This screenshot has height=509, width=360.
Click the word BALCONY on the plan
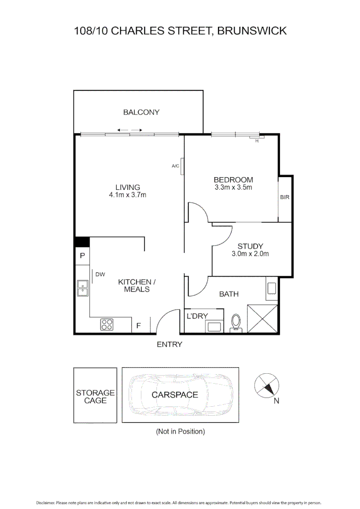[141, 112]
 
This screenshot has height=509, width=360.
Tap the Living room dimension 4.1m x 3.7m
[128, 195]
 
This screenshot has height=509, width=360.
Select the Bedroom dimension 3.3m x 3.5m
[233, 188]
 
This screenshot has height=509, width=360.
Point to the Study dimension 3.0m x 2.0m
[250, 254]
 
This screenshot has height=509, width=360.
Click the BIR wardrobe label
[285, 197]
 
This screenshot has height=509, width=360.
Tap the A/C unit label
[175, 166]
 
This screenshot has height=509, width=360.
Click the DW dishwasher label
[100, 274]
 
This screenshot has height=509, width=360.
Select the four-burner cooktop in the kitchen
[106, 325]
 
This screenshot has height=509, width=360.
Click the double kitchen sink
[82, 287]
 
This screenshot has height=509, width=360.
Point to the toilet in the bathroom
[236, 322]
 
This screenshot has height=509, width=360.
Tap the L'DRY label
[197, 316]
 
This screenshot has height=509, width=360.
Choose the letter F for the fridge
[139, 326]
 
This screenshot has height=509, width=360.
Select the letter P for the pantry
[82, 256]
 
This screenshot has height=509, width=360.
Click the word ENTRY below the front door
[169, 345]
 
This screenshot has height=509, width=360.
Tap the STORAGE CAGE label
[95, 396]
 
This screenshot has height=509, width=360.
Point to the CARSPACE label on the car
[175, 394]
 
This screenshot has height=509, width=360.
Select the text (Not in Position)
[180, 431]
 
